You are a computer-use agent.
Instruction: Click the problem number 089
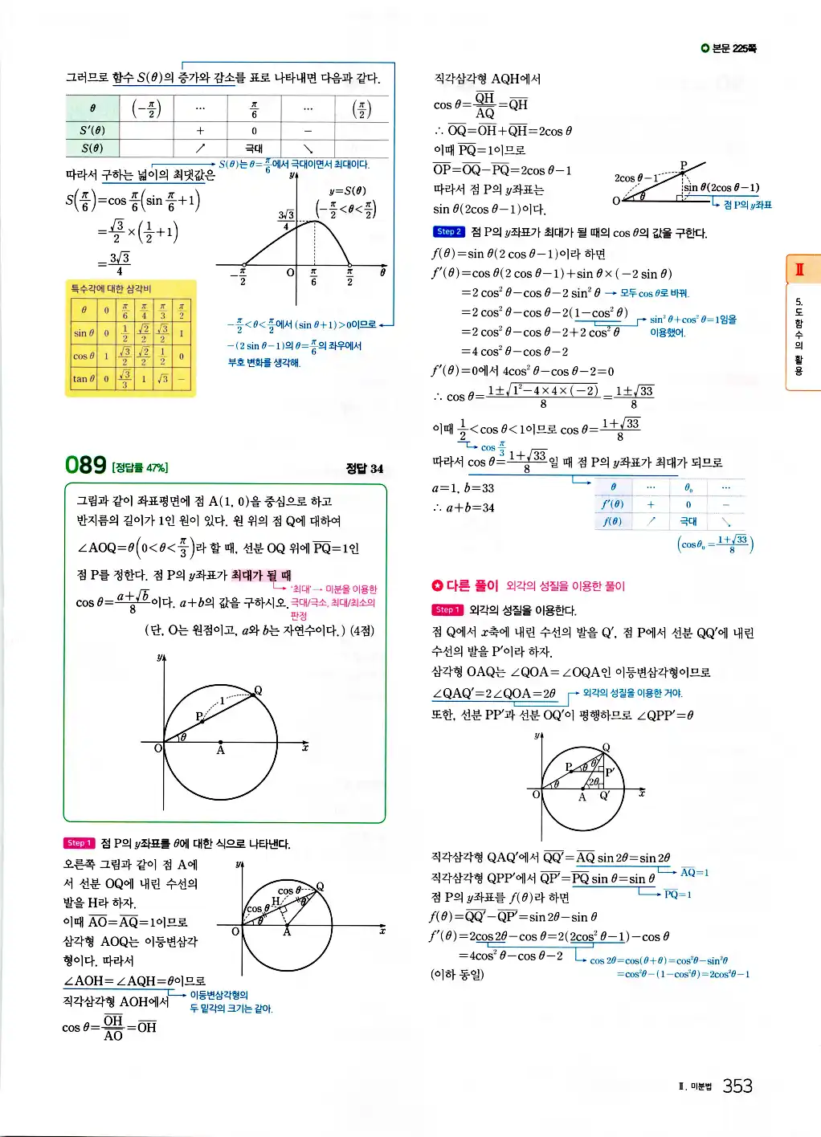pyautogui.click(x=86, y=466)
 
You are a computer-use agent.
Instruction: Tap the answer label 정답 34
pyautogui.click(x=364, y=468)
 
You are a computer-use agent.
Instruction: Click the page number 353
pyautogui.click(x=737, y=1086)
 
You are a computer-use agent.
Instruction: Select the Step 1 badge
pyautogui.click(x=80, y=843)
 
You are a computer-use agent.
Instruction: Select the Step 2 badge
pyautogui.click(x=448, y=232)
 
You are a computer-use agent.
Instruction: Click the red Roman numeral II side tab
pyautogui.click(x=799, y=269)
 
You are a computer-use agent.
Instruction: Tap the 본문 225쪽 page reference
pyautogui.click(x=729, y=49)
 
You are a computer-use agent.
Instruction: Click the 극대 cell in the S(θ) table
pyautogui.click(x=254, y=149)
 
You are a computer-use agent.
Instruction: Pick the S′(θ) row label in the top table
pyautogui.click(x=92, y=131)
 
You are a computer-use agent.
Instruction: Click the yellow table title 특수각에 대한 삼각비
pyautogui.click(x=111, y=289)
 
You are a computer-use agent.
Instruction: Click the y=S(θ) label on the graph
pyautogui.click(x=347, y=191)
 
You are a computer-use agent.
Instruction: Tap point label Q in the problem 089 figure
pyautogui.click(x=258, y=691)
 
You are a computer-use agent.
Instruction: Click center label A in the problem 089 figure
pyautogui.click(x=220, y=750)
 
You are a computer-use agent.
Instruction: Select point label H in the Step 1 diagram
pyautogui.click(x=276, y=901)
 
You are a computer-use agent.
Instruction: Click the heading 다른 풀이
pyautogui.click(x=465, y=585)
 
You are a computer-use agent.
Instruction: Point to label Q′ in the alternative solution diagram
pyautogui.click(x=605, y=797)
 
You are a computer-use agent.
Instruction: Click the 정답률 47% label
pyautogui.click(x=140, y=467)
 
